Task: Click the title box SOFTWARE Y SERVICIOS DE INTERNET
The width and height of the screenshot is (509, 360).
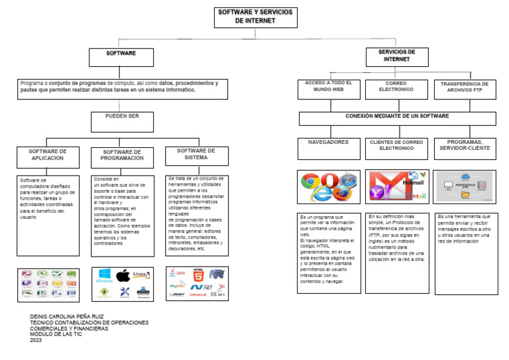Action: click(255, 17)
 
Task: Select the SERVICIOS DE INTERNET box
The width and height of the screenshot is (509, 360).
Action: click(396, 56)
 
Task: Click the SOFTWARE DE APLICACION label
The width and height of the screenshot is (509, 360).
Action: click(46, 155)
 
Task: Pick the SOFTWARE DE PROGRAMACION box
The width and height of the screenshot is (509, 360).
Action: click(122, 156)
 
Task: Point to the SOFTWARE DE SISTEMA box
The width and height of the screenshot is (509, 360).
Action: click(196, 154)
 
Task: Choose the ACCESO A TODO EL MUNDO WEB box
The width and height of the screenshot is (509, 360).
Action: click(329, 87)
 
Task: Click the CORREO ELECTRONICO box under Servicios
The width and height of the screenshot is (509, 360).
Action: click(396, 87)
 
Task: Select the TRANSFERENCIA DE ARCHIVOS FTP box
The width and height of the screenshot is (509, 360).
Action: click(464, 87)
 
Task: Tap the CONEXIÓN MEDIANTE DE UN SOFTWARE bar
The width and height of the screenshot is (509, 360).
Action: click(397, 117)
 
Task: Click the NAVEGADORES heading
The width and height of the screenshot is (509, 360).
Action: click(328, 143)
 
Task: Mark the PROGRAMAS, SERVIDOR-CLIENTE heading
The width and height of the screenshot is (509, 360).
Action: click(465, 145)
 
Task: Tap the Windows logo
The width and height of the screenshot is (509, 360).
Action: click(104, 275)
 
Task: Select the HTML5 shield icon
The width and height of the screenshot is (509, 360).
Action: click(198, 274)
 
